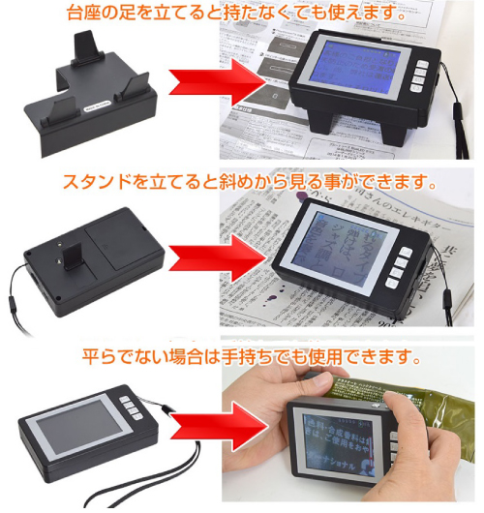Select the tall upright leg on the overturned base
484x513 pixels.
click(x=89, y=46)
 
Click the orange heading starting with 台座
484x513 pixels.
click(x=242, y=13)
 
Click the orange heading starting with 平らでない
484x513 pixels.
click(x=242, y=357)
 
